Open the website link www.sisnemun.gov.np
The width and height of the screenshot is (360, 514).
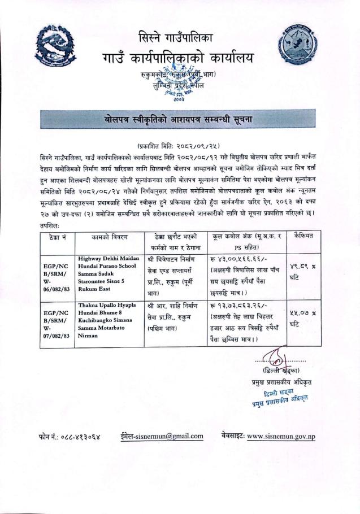(x=281, y=436)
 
